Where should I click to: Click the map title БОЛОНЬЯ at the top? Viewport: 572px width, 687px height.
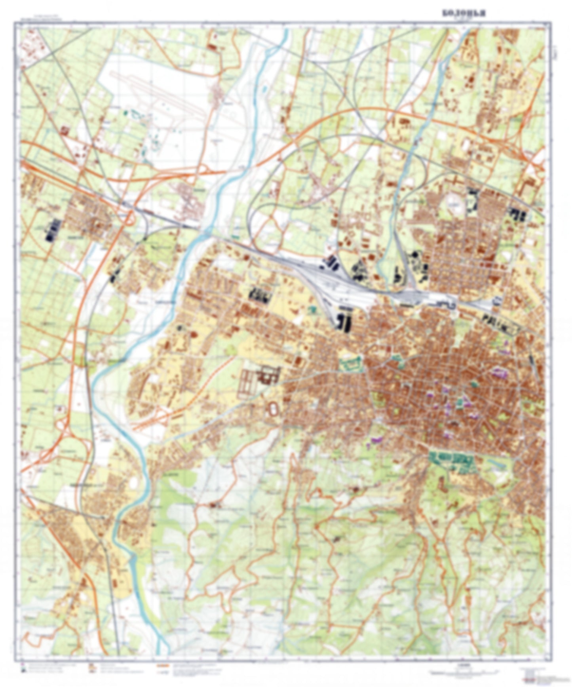point(464,13)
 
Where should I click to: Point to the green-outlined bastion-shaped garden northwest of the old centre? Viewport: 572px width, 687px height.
point(351,363)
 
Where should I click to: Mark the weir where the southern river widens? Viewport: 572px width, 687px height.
point(134,556)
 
